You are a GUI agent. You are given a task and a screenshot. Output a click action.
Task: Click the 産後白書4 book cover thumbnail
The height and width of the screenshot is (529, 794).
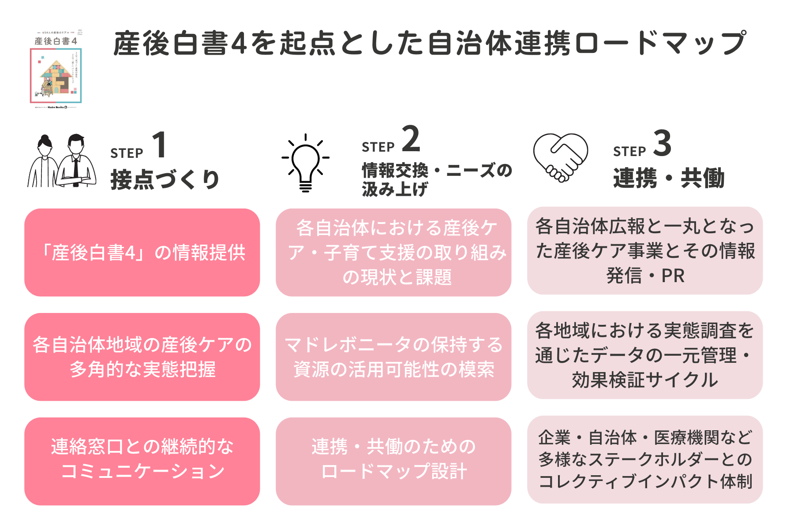point(56,70)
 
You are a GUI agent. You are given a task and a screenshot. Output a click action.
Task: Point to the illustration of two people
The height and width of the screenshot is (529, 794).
point(62,161)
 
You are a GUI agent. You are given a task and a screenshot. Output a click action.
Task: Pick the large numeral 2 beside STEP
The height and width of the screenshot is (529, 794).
point(411,139)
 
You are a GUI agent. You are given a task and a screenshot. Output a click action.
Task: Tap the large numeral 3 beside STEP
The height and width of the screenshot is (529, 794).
point(662,143)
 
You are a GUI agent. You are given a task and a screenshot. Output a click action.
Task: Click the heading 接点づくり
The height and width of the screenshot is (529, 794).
point(165,179)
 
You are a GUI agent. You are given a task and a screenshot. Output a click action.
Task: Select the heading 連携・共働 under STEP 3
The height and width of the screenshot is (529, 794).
point(669,178)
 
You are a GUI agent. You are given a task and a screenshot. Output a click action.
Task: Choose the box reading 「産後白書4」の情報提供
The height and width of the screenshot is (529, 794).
point(142,253)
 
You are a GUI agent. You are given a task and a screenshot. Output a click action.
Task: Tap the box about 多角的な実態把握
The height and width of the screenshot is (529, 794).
point(142,357)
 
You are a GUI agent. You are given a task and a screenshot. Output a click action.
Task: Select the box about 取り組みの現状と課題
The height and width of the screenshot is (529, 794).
point(393,253)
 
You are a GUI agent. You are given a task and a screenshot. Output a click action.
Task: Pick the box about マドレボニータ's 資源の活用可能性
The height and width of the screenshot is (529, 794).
point(393,357)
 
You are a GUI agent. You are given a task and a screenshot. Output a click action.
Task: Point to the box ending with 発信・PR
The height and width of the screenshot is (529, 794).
point(645,251)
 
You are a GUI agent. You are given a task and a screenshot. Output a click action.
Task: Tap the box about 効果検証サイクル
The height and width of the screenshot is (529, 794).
point(645,355)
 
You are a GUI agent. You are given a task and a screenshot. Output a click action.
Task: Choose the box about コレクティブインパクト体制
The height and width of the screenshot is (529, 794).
point(645,459)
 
